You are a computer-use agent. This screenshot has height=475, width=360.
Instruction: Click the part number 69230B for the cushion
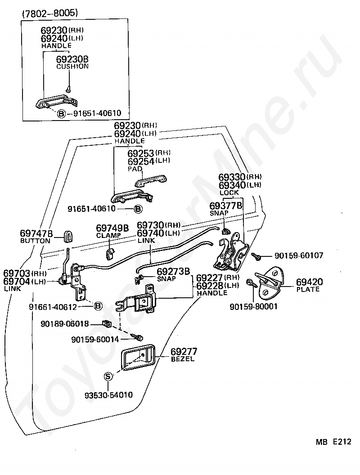(72, 59)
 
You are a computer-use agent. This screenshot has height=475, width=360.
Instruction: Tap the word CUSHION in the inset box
(72, 66)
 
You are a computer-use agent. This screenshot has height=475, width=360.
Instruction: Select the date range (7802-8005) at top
(50, 13)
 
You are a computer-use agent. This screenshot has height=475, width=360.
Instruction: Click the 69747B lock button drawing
(68, 236)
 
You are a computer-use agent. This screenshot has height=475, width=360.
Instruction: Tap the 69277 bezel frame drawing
(139, 357)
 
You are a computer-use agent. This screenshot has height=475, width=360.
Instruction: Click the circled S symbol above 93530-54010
(108, 376)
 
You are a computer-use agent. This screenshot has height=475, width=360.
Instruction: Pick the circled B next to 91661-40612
(98, 306)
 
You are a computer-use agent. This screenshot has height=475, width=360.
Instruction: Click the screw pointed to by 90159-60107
(256, 256)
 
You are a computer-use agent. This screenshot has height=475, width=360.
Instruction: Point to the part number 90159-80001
(254, 307)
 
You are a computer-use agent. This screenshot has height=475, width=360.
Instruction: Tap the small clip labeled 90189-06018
(107, 324)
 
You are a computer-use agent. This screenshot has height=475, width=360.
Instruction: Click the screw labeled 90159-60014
(137, 337)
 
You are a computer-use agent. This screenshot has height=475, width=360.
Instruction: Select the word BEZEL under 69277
(183, 359)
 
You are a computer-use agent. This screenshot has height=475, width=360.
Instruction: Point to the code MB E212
(333, 442)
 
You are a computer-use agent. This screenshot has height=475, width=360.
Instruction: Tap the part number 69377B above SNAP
(226, 206)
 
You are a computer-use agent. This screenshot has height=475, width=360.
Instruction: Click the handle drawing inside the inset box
(57, 101)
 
